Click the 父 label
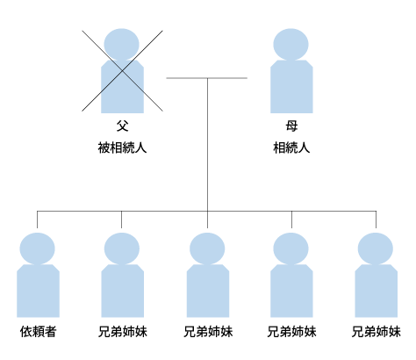pyautogui.click(x=122, y=126)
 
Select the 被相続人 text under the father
pyautogui.click(x=122, y=148)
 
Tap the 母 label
pyautogui.click(x=291, y=126)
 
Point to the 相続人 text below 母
pyautogui.click(x=291, y=148)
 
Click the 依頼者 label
pyautogui.click(x=38, y=332)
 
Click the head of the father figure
pyautogui.click(x=122, y=45)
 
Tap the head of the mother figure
pyautogui.click(x=290, y=45)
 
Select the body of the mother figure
pyautogui.click(x=291, y=87)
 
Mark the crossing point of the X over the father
pyautogui.click(x=122, y=71)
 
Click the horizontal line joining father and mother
pyautogui.click(x=207, y=78)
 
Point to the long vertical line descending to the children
pyautogui.click(x=207, y=145)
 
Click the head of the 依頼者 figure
pyautogui.click(x=37, y=248)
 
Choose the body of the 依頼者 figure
pyautogui.click(x=38, y=291)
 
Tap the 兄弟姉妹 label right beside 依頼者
pyautogui.click(x=123, y=332)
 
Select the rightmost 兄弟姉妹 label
pyautogui.click(x=377, y=332)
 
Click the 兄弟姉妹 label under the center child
pyautogui.click(x=208, y=332)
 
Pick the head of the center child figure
pyautogui.click(x=207, y=248)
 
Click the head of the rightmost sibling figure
pyautogui.click(x=376, y=248)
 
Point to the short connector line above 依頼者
pyautogui.click(x=37, y=220)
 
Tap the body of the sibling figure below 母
pyautogui.click(x=291, y=291)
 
